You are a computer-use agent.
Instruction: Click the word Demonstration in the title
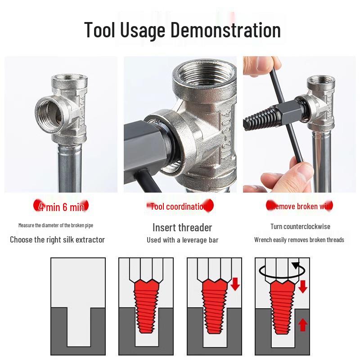click(x=225, y=30)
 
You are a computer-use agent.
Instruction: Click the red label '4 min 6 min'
click(x=61, y=207)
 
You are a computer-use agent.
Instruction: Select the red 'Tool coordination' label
click(x=180, y=207)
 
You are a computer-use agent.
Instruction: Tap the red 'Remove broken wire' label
click(x=300, y=207)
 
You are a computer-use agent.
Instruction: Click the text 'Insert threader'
click(x=182, y=227)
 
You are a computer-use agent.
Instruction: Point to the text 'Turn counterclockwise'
click(x=300, y=226)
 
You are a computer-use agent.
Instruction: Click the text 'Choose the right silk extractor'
click(x=57, y=239)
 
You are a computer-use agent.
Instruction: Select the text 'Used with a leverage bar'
click(x=182, y=240)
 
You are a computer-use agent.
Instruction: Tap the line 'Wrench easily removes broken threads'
click(x=299, y=240)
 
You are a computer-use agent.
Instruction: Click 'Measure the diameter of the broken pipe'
click(x=56, y=225)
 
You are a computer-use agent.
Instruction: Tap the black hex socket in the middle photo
click(x=144, y=139)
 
